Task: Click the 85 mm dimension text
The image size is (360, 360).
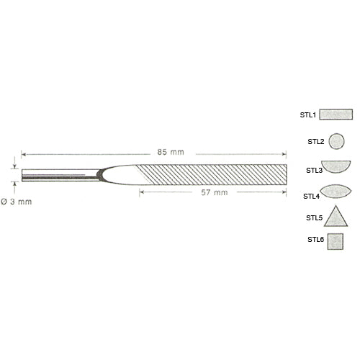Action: tap(171, 152)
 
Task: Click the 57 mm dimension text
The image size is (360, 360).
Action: tap(215, 192)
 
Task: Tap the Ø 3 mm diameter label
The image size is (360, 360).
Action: tap(17, 202)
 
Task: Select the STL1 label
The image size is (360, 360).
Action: tap(308, 115)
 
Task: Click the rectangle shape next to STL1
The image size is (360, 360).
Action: tap(336, 114)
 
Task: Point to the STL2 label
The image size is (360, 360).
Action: tap(316, 142)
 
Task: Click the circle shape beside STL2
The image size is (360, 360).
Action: tap(336, 141)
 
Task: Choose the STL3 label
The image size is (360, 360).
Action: tap(314, 171)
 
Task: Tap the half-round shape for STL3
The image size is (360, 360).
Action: tap(336, 166)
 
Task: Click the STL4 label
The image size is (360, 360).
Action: tap(311, 197)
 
